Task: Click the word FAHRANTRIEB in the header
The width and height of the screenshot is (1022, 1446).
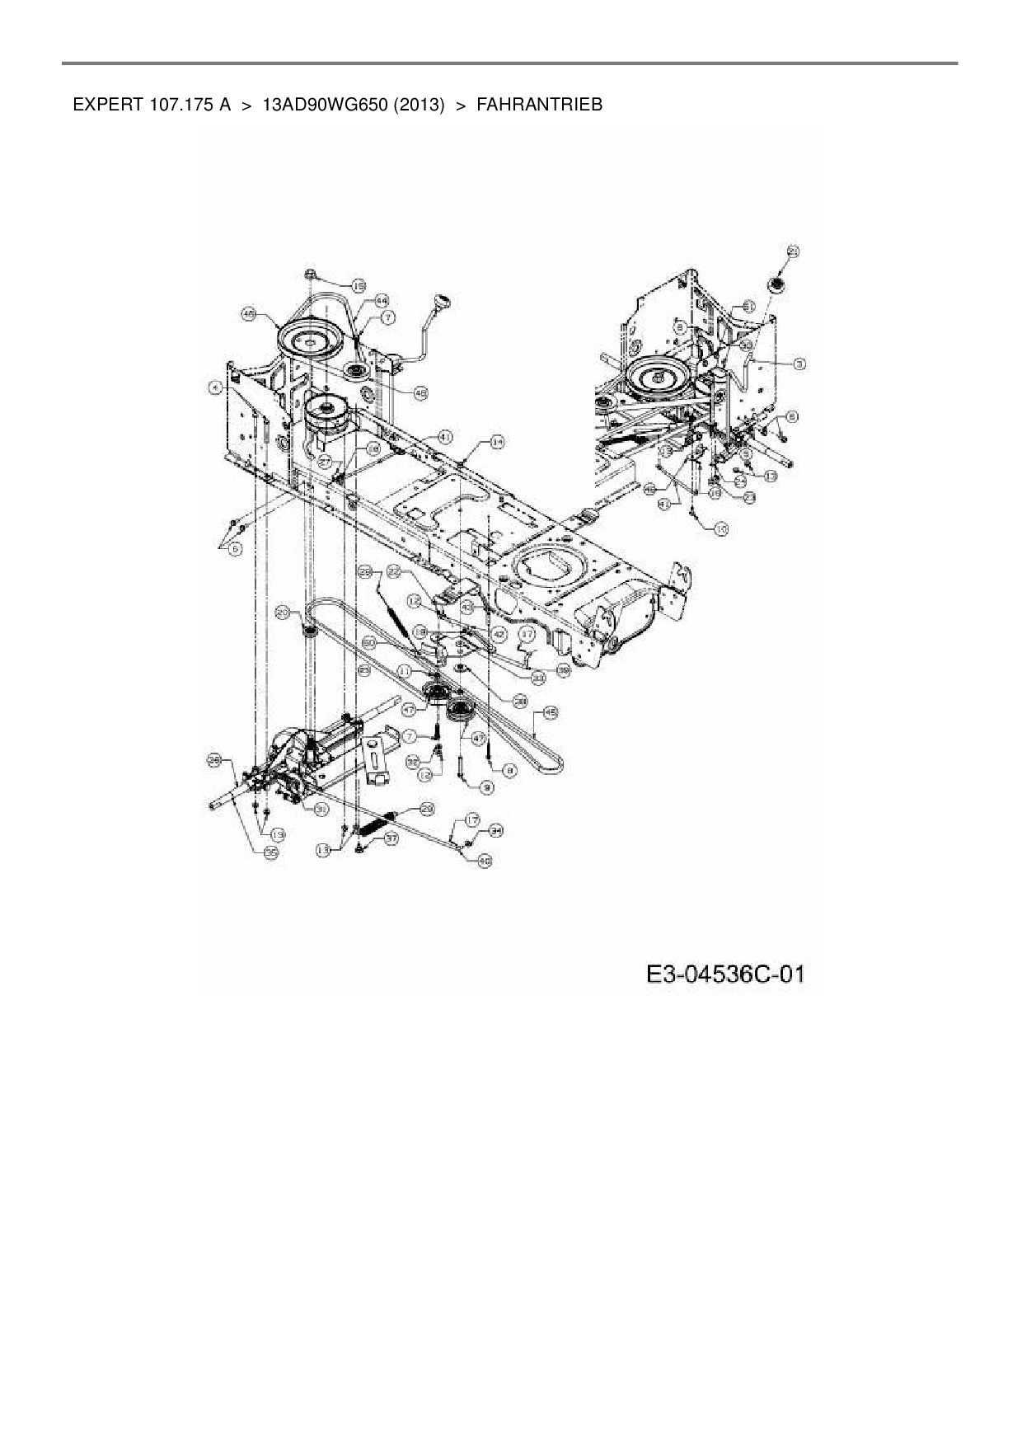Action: [539, 105]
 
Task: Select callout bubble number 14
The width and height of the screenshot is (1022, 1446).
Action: [496, 443]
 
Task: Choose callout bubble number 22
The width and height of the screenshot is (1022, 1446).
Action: [394, 571]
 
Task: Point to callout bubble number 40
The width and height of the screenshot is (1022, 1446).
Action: [485, 861]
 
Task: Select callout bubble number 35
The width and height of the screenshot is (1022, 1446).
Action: [270, 854]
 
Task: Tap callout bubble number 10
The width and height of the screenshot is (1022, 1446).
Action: [721, 530]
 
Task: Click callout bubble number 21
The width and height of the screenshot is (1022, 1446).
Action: [793, 251]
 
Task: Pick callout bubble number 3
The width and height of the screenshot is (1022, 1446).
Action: [799, 363]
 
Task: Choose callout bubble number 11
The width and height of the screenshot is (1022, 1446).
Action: [404, 672]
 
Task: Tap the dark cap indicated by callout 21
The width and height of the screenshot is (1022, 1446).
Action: [776, 285]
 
